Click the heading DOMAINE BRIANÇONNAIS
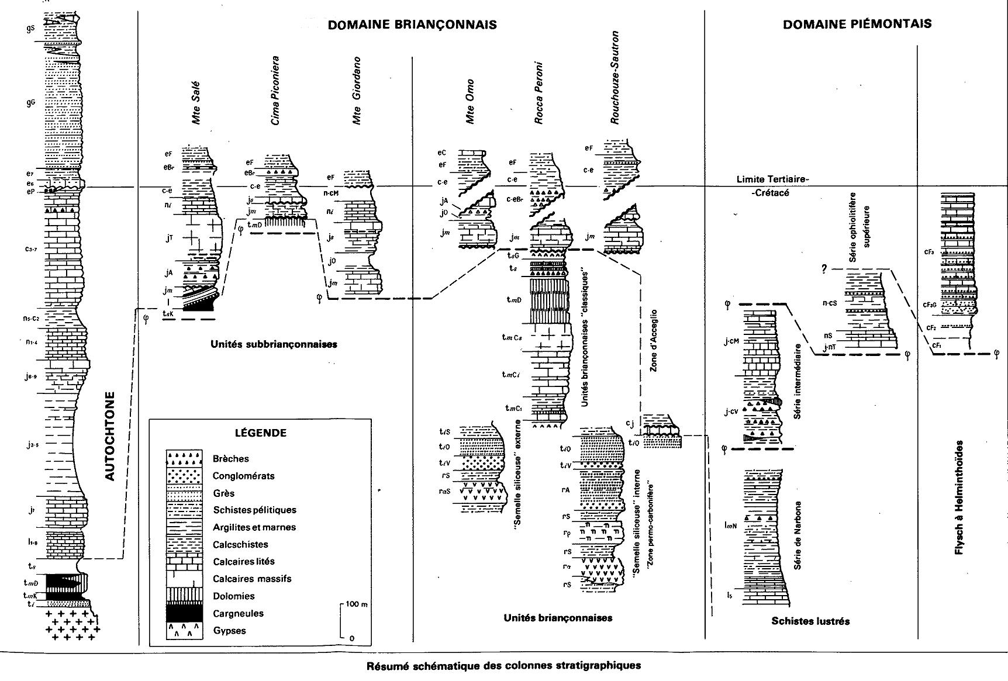tap(412, 25)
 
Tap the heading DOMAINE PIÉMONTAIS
tap(857, 24)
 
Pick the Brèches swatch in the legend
tap(184, 458)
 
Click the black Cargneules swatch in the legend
tap(184, 613)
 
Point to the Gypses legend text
tap(230, 630)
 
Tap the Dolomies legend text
tap(233, 596)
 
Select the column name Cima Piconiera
tap(274, 91)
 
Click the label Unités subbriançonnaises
tap(274, 344)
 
